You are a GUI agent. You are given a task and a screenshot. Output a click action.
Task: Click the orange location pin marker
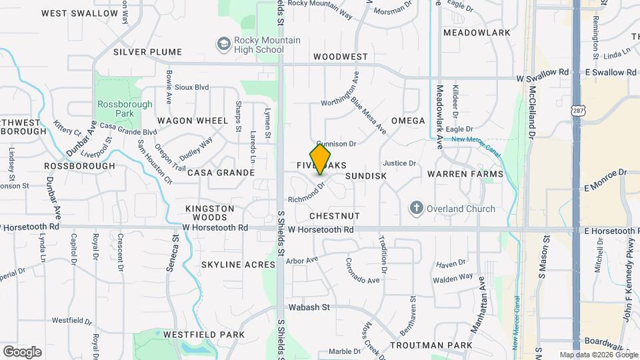[320, 159]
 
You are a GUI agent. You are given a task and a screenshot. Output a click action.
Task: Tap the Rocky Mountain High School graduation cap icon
[223, 45]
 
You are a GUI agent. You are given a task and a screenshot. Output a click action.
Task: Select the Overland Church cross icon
[417, 209]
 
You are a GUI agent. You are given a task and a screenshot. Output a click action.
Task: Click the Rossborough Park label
[125, 109]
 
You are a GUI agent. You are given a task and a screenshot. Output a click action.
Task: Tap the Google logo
[22, 352]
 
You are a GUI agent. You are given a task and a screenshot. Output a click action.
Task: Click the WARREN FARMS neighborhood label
[465, 174]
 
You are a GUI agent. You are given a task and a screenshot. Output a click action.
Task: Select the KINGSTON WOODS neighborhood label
[210, 213]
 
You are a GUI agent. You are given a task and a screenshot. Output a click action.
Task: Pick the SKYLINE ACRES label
[238, 265]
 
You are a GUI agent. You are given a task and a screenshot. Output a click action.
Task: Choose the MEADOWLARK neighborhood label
[477, 33]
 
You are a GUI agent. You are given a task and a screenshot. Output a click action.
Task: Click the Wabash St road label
[309, 307]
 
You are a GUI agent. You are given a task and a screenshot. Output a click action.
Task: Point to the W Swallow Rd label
[543, 79]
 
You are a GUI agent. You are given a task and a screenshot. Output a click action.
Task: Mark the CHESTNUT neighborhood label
[335, 216]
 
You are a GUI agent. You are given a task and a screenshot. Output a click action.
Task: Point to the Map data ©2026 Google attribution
[597, 355]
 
